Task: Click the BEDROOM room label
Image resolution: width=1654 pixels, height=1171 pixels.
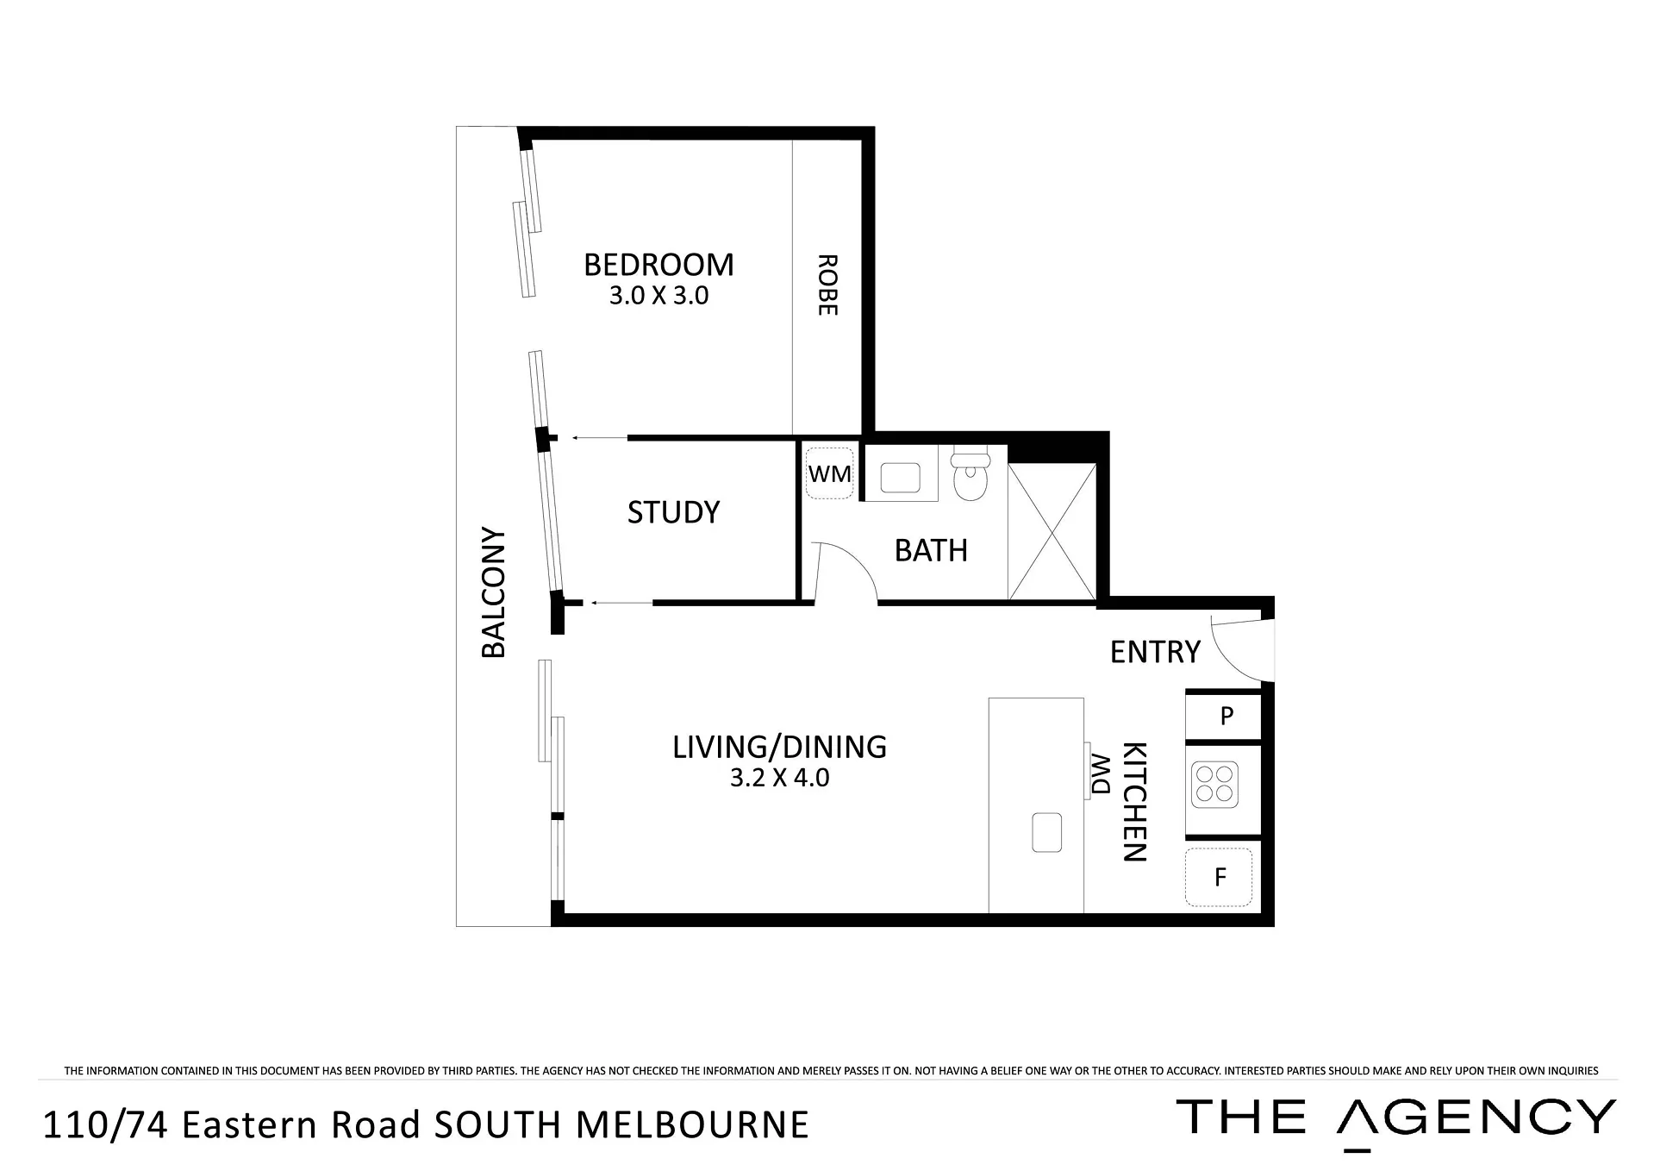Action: coord(658,265)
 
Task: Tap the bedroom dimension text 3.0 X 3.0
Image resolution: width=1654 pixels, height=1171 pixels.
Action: coord(658,296)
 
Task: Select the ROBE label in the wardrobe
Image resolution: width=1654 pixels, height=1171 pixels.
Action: coord(827,285)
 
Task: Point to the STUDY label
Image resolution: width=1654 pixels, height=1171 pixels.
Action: coord(673,512)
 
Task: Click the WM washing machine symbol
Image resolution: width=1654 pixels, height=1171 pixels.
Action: coord(829,473)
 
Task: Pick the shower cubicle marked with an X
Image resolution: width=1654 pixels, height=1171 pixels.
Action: coord(1052,531)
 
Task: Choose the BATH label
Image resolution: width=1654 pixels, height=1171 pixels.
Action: coord(931,550)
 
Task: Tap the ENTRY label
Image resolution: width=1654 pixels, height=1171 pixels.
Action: coord(1155,652)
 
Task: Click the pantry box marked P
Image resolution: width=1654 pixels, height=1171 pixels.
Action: coord(1225,716)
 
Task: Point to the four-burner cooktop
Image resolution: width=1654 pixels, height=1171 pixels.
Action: coord(1214,785)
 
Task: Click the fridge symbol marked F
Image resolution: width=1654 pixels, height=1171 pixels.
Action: coord(1219,877)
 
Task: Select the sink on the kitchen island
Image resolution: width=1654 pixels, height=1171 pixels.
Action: coord(1047,832)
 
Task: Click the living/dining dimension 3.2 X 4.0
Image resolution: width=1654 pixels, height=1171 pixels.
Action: coord(779,778)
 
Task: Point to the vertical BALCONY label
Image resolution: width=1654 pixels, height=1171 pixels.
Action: coord(493,592)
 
